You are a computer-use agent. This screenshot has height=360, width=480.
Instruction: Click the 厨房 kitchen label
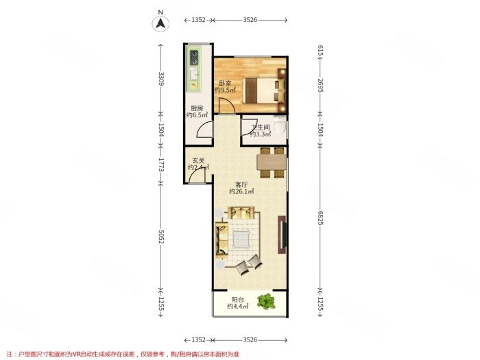(197, 108)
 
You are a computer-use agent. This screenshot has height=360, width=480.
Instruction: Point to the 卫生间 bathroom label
(260, 128)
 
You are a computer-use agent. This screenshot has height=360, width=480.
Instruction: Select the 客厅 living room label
(242, 184)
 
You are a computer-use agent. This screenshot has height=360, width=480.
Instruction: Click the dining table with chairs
(272, 161)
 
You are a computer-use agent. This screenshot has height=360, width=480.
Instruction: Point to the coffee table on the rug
(242, 239)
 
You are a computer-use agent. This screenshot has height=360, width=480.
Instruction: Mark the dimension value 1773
(161, 165)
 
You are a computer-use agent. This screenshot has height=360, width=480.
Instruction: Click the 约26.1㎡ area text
(242, 193)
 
